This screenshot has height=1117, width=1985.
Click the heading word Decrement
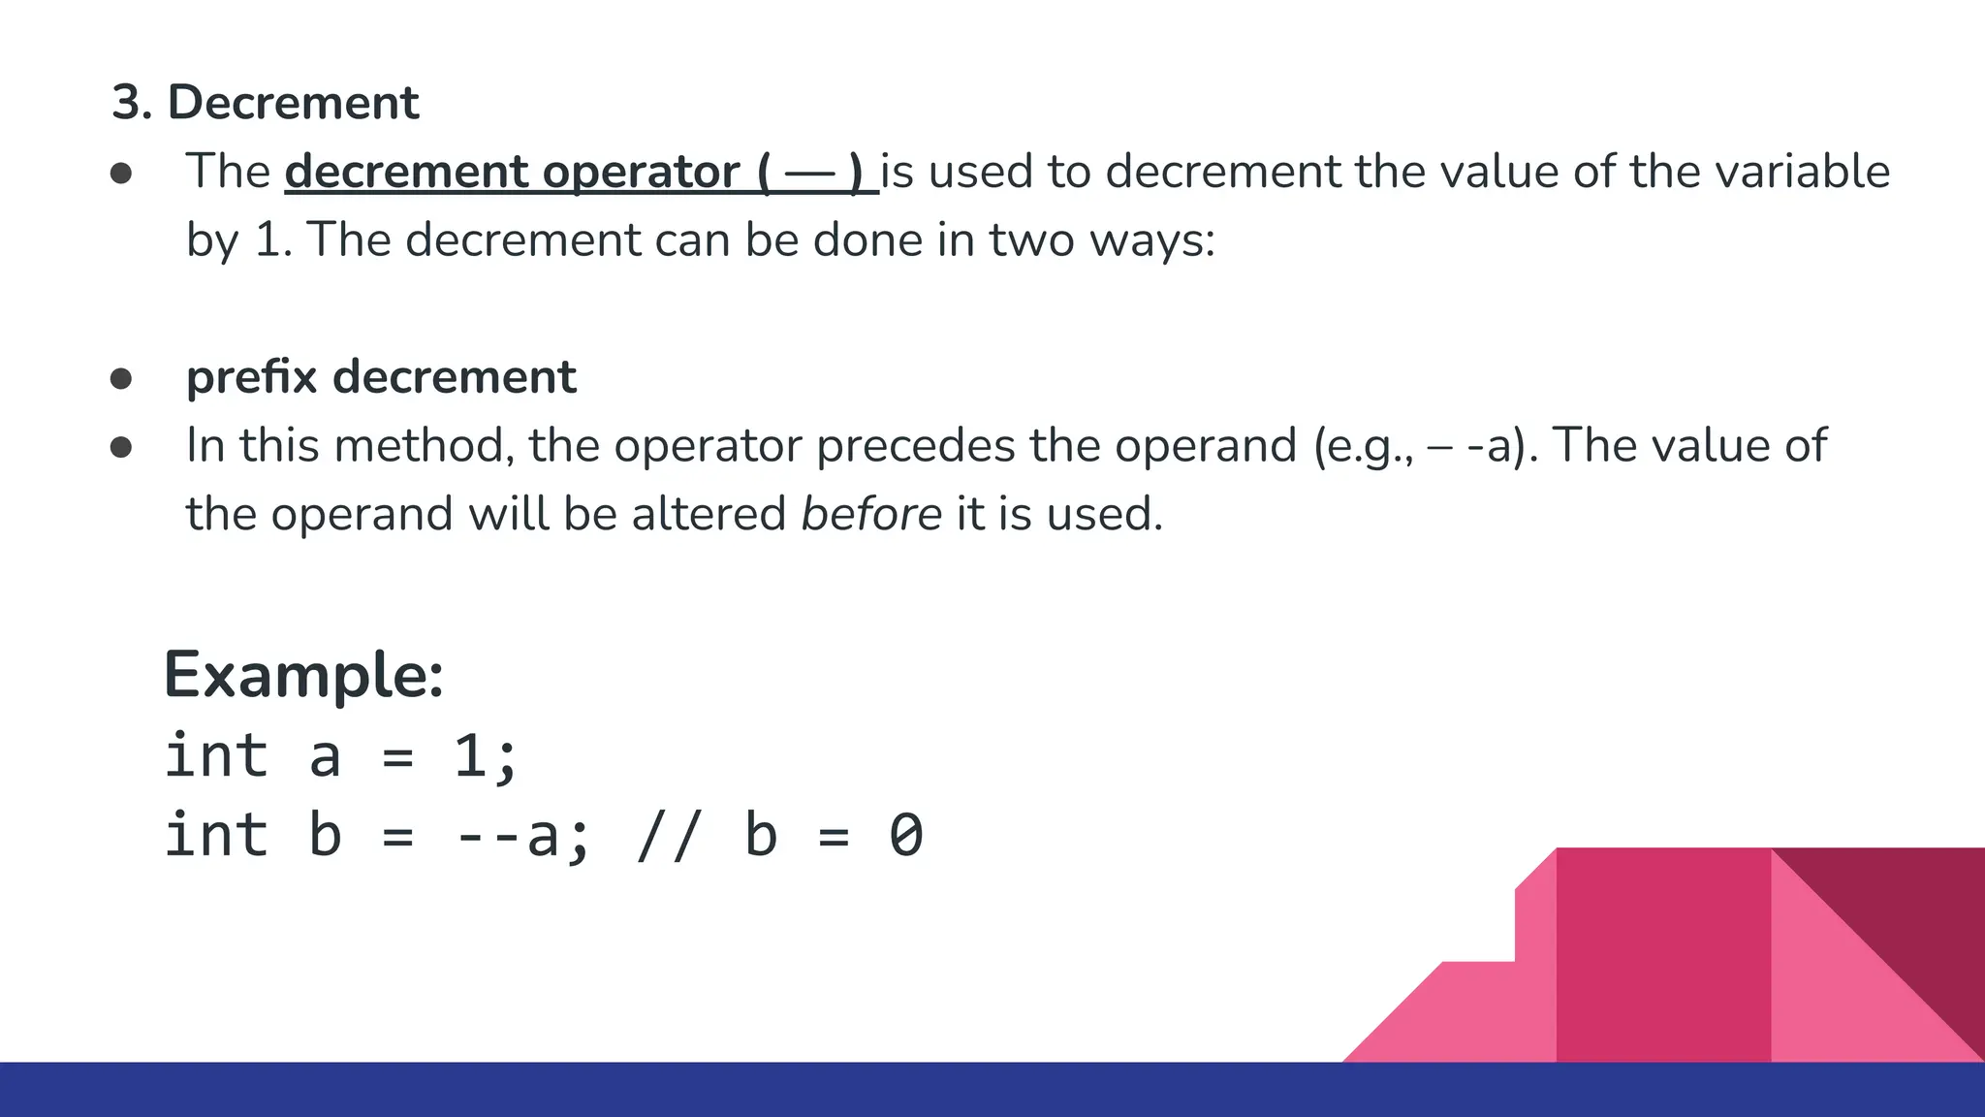[293, 103]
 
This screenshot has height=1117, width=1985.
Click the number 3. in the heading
[132, 103]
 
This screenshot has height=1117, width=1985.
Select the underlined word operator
[641, 172]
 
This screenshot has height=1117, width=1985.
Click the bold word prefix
[251, 377]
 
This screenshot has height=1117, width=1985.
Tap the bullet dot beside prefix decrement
[121, 378]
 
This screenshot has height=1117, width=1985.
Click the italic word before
[870, 514]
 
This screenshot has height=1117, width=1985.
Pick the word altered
[709, 514]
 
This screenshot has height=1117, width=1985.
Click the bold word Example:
[303, 675]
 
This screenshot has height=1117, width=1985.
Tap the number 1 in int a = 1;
[471, 756]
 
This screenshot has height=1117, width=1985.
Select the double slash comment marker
[667, 836]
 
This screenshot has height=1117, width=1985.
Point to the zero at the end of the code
[906, 836]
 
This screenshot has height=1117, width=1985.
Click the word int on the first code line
[216, 756]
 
